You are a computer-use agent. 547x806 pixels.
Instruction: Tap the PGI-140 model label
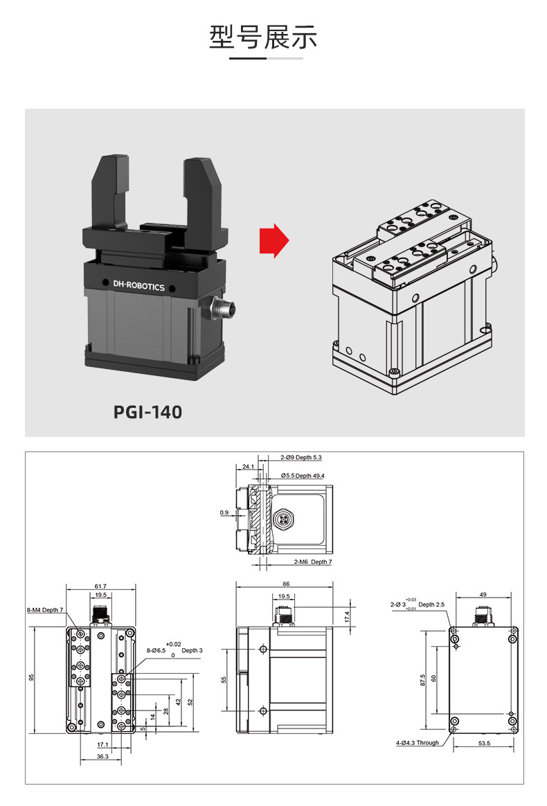pyautogui.click(x=147, y=412)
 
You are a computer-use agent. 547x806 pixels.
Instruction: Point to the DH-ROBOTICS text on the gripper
pyautogui.click(x=138, y=285)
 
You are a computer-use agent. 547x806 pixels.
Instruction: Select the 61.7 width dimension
pyautogui.click(x=100, y=586)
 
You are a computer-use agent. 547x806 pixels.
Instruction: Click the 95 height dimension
pyautogui.click(x=31, y=677)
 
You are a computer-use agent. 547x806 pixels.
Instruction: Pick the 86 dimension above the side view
pyautogui.click(x=286, y=584)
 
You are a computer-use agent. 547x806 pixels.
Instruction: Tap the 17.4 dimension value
pyautogui.click(x=347, y=616)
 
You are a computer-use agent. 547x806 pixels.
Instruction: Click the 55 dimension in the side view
pyautogui.click(x=224, y=679)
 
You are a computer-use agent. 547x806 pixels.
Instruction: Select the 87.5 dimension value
pyautogui.click(x=422, y=680)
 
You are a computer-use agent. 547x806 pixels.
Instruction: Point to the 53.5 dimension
pyautogui.click(x=484, y=743)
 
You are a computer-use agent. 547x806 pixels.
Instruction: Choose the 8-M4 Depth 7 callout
pyautogui.click(x=45, y=610)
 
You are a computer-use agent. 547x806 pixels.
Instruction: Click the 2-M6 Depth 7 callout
pyautogui.click(x=312, y=562)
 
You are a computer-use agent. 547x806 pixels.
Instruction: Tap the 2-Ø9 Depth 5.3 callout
pyautogui.click(x=301, y=458)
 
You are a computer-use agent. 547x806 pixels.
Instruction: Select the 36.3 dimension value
pyautogui.click(x=102, y=757)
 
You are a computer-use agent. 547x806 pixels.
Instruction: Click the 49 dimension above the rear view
pyautogui.click(x=483, y=594)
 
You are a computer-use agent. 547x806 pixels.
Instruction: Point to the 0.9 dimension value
pyautogui.click(x=224, y=512)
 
